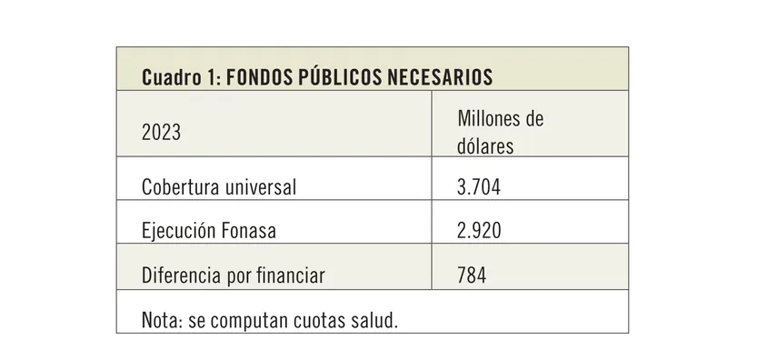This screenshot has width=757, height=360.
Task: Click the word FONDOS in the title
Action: (259, 77)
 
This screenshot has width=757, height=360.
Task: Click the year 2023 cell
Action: (161, 133)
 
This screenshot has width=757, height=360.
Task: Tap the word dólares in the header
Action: (485, 145)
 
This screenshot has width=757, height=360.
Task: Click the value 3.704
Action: (479, 188)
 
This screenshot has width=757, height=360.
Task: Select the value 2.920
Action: (479, 231)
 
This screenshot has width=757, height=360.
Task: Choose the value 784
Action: (472, 275)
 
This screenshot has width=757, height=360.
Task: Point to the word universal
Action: (262, 188)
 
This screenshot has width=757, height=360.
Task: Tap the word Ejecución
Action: (177, 231)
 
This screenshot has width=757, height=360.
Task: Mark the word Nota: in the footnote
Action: (162, 321)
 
